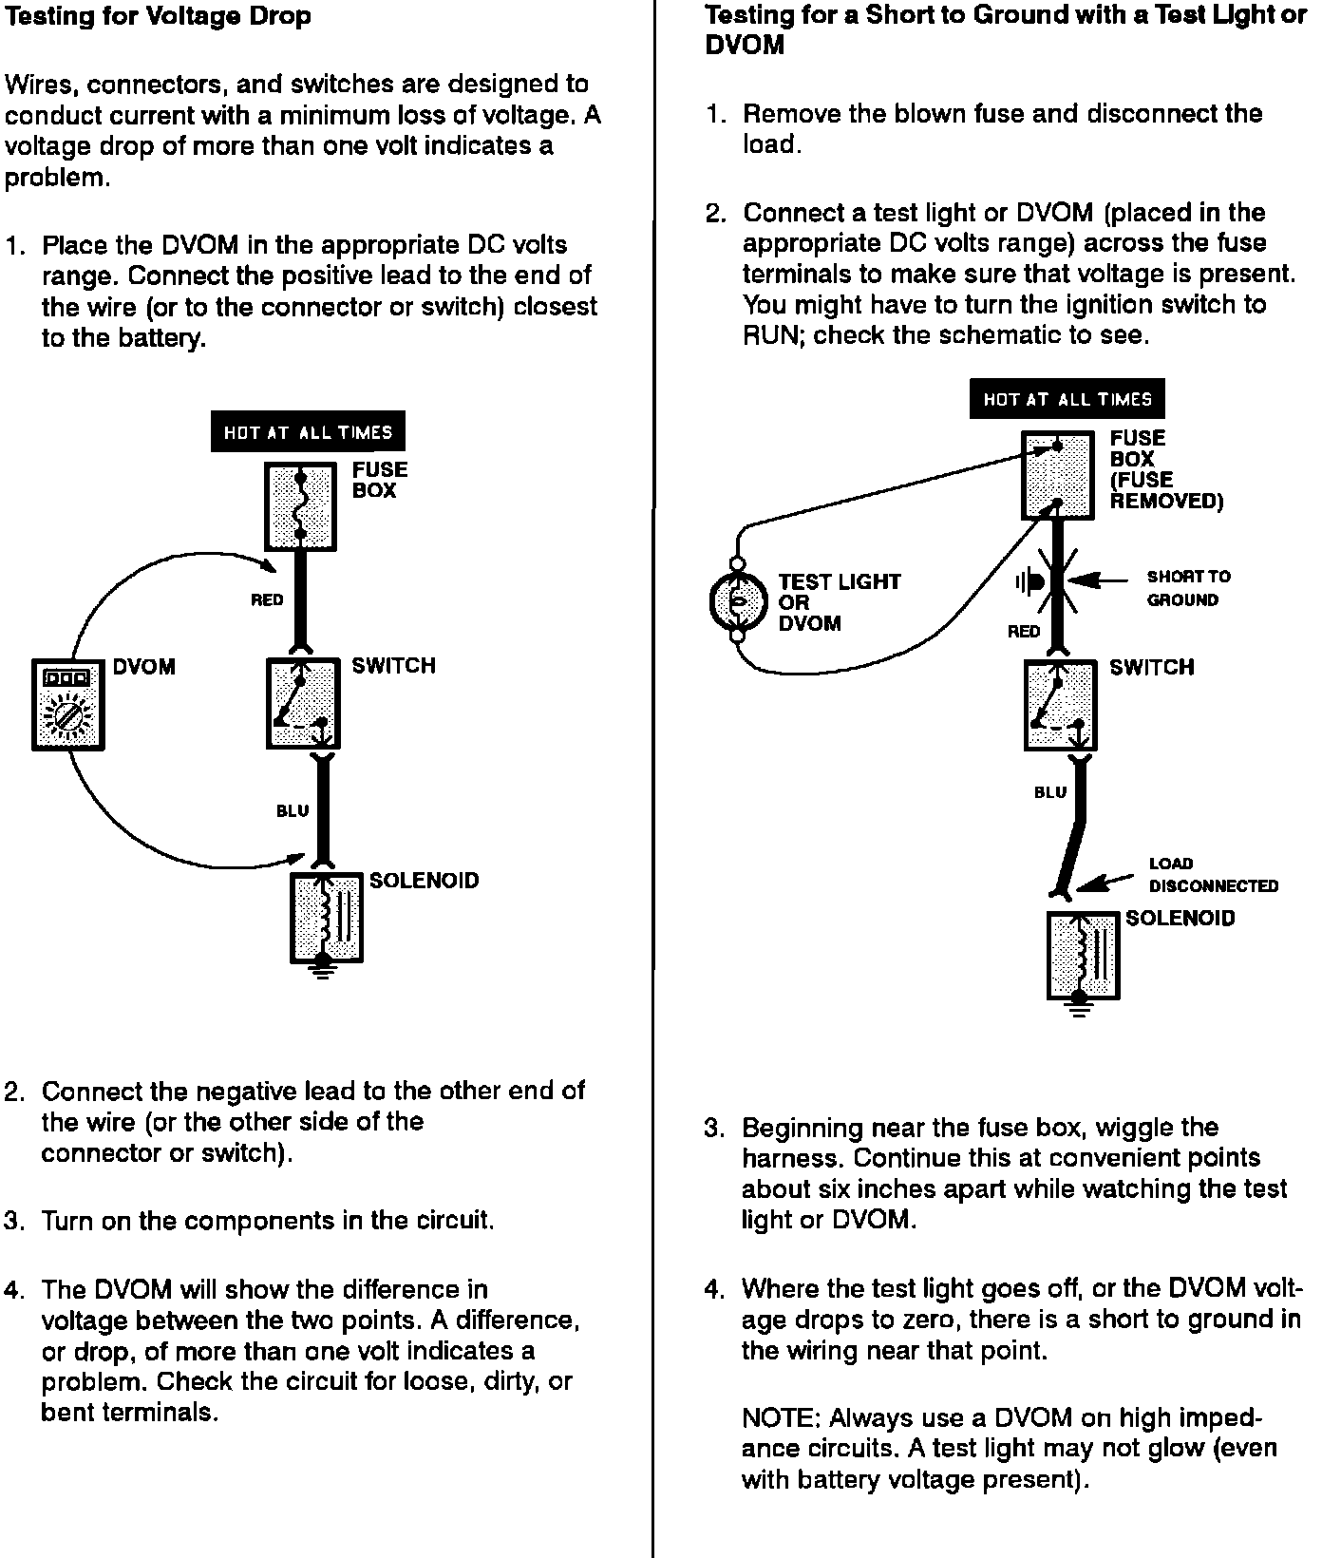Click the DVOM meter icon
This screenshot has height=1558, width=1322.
click(x=67, y=704)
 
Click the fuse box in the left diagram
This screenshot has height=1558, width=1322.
click(x=300, y=506)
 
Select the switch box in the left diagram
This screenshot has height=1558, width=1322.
click(x=303, y=703)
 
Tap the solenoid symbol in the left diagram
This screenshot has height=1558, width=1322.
click(x=325, y=917)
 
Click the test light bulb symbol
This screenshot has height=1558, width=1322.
click(x=735, y=601)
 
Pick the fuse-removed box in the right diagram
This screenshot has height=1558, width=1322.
click(x=1057, y=475)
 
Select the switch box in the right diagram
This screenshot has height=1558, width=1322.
click(x=1060, y=705)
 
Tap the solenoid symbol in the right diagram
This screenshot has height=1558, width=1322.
click(x=1083, y=955)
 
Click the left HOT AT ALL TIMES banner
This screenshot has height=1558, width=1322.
click(x=308, y=432)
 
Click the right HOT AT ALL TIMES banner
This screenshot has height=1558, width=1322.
click(x=1067, y=399)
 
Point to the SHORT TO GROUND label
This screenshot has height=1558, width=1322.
click(x=1187, y=588)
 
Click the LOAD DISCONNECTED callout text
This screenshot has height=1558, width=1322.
click(x=1213, y=875)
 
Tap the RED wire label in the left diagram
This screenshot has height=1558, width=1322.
click(x=267, y=600)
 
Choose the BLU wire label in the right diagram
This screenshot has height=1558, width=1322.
click(x=1049, y=792)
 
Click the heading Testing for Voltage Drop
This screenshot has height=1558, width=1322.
click(x=158, y=16)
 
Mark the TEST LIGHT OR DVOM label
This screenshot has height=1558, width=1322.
click(x=839, y=602)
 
